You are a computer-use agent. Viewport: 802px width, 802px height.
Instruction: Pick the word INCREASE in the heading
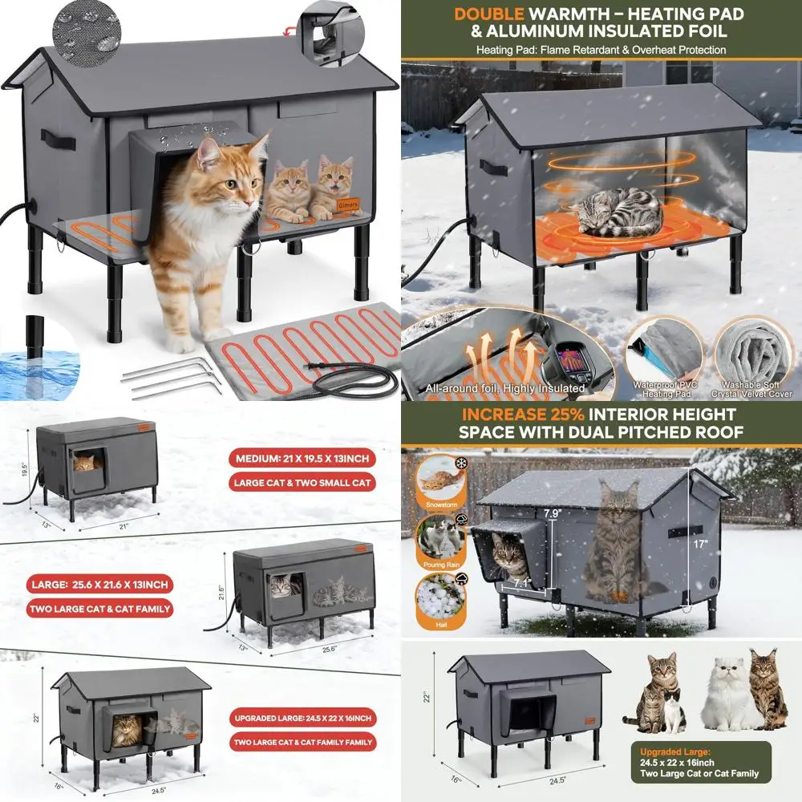coord(496,415)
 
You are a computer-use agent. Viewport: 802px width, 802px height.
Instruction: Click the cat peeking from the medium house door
coord(84,463)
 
